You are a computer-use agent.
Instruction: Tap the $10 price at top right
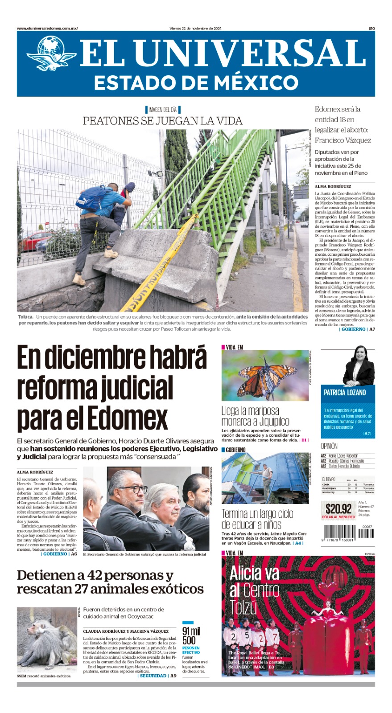[371, 29]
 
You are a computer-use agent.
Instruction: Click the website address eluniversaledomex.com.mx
[47, 29]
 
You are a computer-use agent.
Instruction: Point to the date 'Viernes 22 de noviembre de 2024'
[195, 29]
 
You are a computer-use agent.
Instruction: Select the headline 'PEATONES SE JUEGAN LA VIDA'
[163, 121]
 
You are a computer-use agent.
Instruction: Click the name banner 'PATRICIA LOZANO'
[345, 393]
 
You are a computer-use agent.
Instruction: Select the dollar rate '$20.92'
[338, 509]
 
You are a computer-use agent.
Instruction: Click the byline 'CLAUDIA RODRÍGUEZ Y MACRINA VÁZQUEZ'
[126, 631]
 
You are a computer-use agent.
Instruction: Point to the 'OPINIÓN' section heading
[329, 446]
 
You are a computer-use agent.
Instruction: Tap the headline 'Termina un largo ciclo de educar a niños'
[257, 519]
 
